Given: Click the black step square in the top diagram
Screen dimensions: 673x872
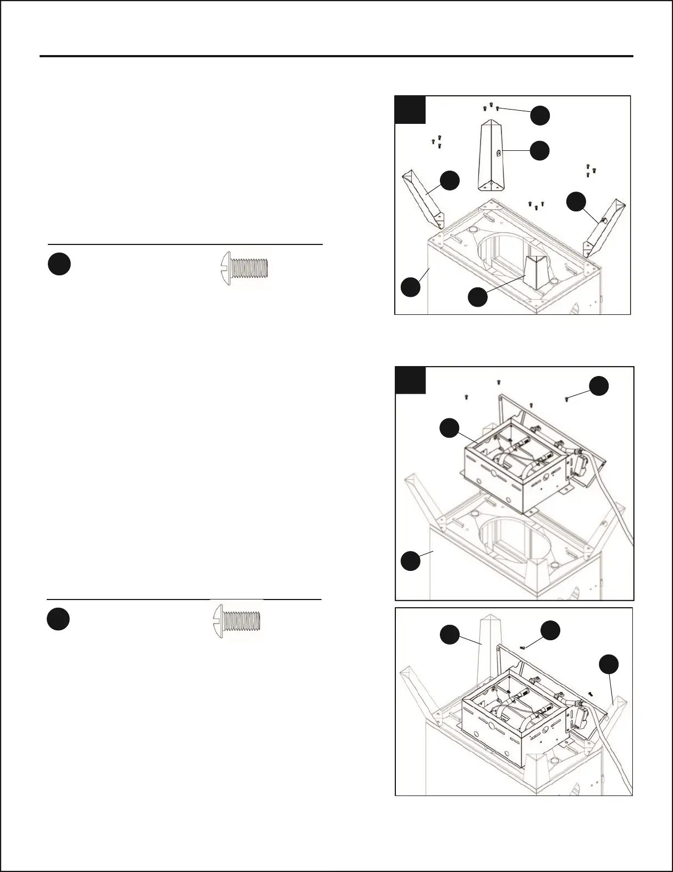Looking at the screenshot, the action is (x=411, y=110).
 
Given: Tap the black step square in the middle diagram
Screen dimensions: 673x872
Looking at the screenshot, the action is (x=411, y=380).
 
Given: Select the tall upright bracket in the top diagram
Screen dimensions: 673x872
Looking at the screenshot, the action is (x=493, y=157).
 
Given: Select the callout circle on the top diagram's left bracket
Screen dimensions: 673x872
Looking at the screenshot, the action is (x=450, y=181).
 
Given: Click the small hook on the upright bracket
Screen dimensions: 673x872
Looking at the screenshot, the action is (x=499, y=154).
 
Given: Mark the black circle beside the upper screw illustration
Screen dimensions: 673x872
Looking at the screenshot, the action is (x=59, y=265).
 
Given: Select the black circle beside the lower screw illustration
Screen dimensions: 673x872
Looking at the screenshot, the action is (x=58, y=619).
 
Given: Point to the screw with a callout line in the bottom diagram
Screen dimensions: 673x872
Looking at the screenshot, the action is (x=522, y=648).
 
